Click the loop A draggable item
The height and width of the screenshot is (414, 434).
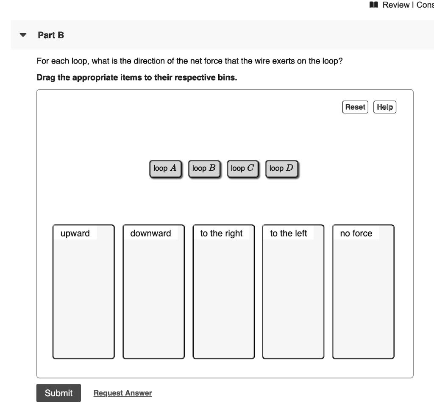click(x=165, y=168)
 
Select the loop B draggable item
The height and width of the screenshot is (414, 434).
click(x=204, y=168)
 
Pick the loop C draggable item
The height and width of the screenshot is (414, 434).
click(x=242, y=168)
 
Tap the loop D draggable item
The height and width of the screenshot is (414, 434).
click(x=281, y=168)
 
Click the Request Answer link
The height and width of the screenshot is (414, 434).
click(x=122, y=393)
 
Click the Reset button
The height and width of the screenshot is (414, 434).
click(x=355, y=107)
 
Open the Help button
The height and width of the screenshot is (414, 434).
click(x=384, y=107)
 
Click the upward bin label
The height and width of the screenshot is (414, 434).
click(x=75, y=233)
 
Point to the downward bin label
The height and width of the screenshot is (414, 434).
click(x=150, y=233)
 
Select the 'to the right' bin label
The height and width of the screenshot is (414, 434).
click(x=221, y=233)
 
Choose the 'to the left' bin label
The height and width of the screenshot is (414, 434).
click(x=288, y=233)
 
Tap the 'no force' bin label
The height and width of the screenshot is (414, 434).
click(x=356, y=233)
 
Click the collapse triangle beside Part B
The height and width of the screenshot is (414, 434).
click(x=23, y=35)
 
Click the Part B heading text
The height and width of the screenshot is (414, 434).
click(x=51, y=35)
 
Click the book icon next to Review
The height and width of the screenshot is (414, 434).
click(x=373, y=5)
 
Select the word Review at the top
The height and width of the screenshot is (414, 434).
click(x=396, y=5)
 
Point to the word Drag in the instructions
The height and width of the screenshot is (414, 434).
click(x=46, y=78)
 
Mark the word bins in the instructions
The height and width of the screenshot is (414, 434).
click(x=227, y=78)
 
